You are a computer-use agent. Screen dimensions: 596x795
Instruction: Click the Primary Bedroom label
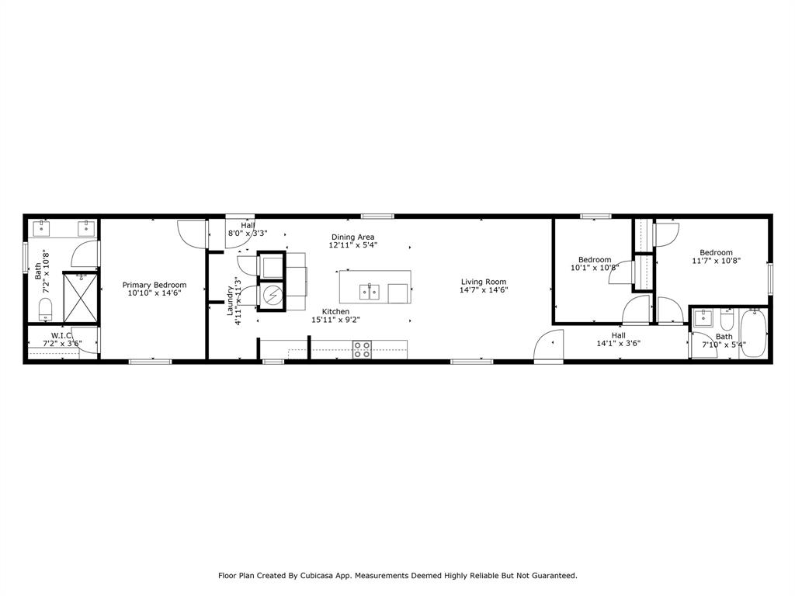click(x=154, y=285)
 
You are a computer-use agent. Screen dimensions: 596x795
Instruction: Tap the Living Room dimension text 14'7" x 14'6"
click(x=483, y=290)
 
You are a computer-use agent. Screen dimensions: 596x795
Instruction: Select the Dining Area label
click(x=353, y=237)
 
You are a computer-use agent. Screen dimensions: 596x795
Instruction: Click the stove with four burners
click(x=362, y=349)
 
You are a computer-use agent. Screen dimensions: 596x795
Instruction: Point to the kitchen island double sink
click(x=370, y=292)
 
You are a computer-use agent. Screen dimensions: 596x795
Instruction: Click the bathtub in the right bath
click(x=752, y=333)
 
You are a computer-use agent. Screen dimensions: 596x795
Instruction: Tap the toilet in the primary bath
click(x=44, y=307)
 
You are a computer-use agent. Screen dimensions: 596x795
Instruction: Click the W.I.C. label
click(x=61, y=335)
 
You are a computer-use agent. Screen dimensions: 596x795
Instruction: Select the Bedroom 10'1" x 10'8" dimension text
click(x=594, y=268)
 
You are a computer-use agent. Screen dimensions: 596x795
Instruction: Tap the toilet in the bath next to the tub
click(x=727, y=321)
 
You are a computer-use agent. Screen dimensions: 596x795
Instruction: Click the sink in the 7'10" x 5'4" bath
click(x=703, y=318)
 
